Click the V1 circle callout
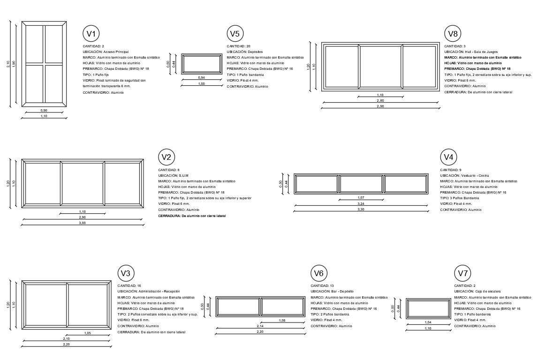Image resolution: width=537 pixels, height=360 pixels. tap(91, 34)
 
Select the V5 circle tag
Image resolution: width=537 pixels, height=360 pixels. tap(235, 34)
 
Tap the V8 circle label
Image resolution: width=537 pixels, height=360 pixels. tap(453, 34)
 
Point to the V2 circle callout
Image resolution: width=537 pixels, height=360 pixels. tap(167, 157)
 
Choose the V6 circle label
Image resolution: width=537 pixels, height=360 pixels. tap(319, 273)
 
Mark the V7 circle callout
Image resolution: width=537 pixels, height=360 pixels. tap(463, 273)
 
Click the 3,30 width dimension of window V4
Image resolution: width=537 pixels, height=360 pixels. tap(360, 210)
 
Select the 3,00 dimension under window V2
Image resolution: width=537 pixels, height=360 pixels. tap(82, 223)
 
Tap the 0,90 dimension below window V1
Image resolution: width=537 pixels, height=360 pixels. tap(44, 110)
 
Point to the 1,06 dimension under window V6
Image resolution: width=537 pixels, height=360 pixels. tap(282, 320)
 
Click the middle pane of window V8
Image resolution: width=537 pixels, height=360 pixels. tap(381, 66)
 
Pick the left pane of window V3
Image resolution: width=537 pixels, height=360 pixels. tap(46, 305)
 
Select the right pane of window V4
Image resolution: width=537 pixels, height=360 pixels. tap(405, 184)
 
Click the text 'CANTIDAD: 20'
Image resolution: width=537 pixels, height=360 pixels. tap(238, 46)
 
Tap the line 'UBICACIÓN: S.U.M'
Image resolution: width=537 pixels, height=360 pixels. tap(173, 175)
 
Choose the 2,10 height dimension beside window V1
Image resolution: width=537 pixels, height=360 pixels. tap(8, 64)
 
